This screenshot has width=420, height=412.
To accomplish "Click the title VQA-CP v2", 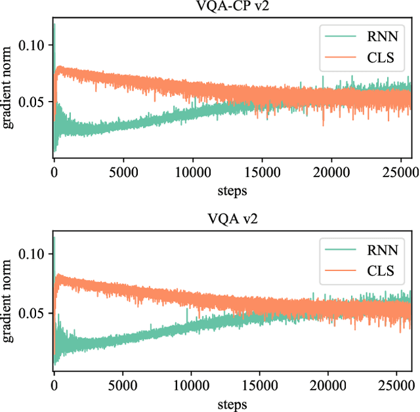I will [232, 9].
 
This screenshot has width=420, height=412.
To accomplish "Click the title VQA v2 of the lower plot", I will [232, 218].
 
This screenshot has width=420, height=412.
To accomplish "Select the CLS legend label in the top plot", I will [375, 58].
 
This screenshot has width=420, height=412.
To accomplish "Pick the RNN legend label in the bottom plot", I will [376, 249].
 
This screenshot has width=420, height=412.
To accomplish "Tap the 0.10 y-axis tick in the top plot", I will [34, 45].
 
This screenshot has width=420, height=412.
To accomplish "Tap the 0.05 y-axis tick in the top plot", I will [34, 102].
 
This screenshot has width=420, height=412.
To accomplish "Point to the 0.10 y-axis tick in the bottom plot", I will [34, 254].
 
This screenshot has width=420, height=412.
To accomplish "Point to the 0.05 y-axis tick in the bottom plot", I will [34, 314].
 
